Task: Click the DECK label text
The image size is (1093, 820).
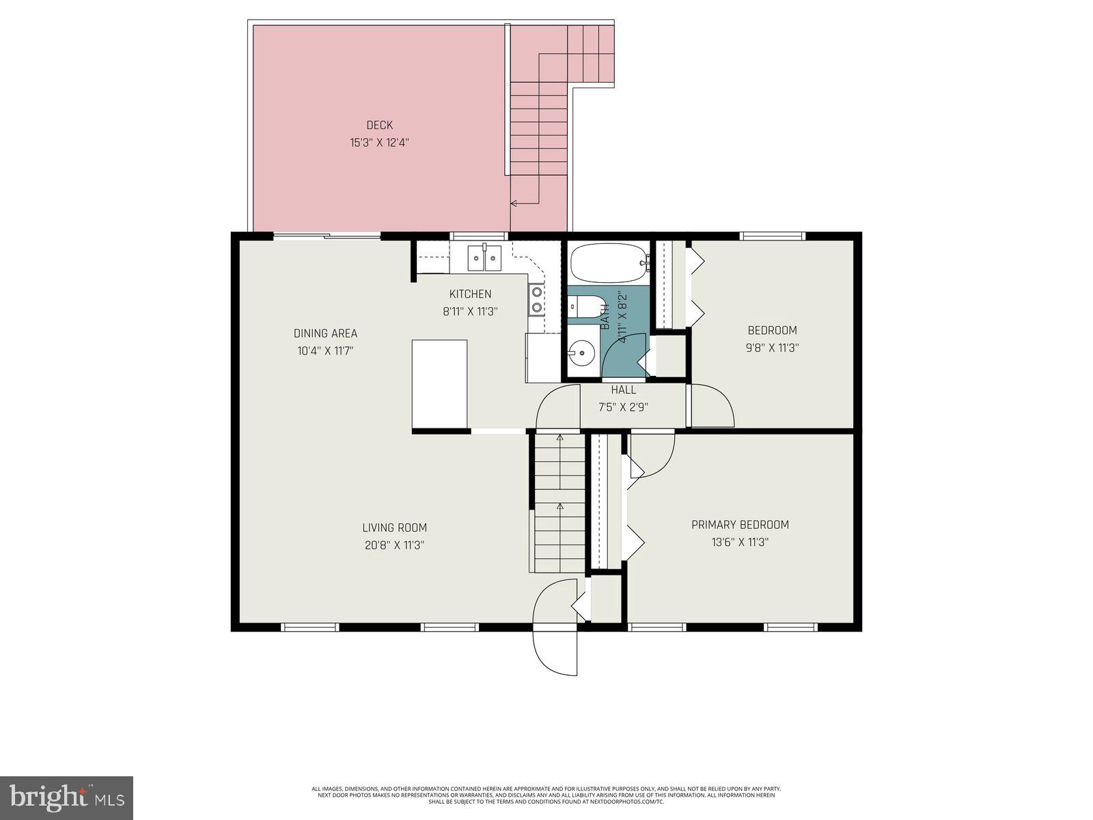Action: tap(380, 125)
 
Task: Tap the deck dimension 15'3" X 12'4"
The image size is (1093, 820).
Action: tap(380, 143)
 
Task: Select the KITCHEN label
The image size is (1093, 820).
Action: tap(470, 294)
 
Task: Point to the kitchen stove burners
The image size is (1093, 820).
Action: tap(537, 300)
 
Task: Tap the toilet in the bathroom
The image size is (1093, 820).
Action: tap(586, 307)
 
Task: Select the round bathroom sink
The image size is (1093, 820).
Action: tap(581, 353)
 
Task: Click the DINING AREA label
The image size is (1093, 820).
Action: tap(325, 333)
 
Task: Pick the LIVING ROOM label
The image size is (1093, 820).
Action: tap(394, 528)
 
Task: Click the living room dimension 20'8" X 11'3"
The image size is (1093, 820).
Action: tap(394, 545)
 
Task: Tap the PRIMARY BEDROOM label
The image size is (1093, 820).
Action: tap(740, 525)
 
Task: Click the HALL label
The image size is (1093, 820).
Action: tap(623, 390)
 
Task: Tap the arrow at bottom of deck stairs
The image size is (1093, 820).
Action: tap(514, 203)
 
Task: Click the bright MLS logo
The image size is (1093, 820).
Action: tap(66, 797)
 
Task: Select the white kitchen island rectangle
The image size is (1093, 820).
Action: tap(439, 383)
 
